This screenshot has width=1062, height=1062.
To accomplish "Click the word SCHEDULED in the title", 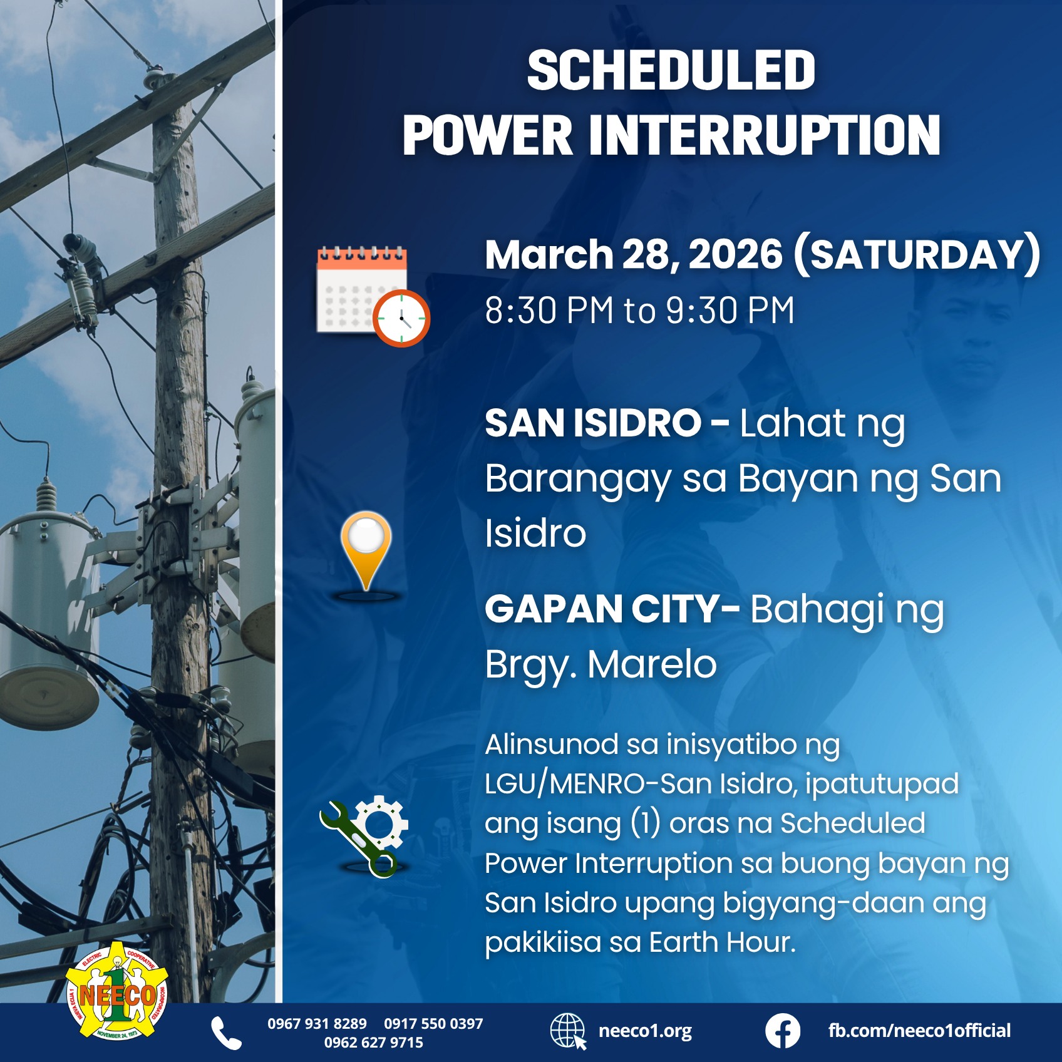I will coord(671,70).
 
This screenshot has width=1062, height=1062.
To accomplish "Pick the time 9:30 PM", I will coord(729,310).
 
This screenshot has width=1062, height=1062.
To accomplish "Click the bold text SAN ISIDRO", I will coord(592,423).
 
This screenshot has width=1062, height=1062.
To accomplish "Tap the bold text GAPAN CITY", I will coord(603,609).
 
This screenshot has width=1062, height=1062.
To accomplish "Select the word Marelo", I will coord(652,664).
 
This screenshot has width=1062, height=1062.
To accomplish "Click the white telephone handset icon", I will coord(226,1033).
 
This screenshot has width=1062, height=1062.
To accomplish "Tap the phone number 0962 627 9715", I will coord(373,1043).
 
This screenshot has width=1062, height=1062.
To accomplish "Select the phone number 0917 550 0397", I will coord(433,1024).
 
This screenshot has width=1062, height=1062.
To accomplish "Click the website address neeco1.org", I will coord(645,1031).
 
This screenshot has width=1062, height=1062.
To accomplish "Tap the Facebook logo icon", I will coord(782,1031).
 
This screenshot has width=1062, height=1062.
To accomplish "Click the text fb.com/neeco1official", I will coord(919,1031).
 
